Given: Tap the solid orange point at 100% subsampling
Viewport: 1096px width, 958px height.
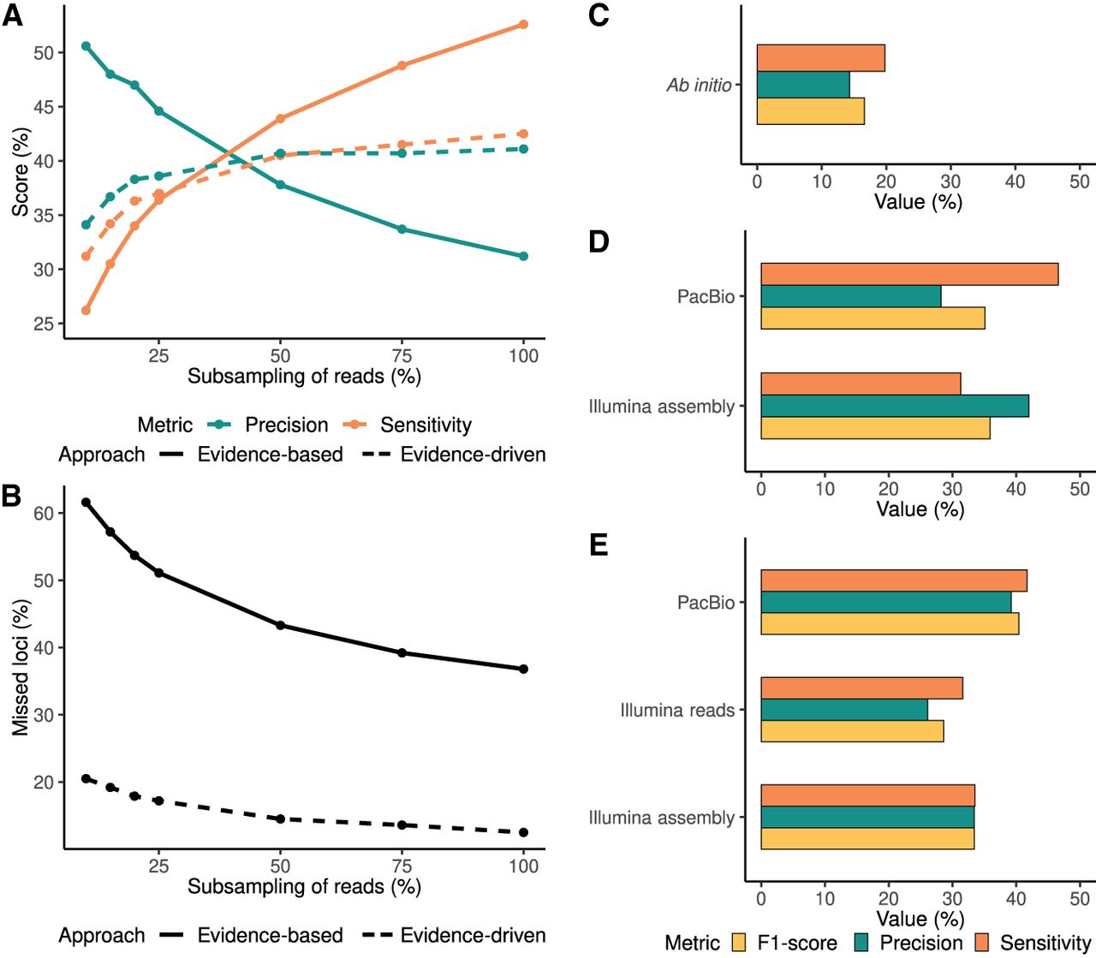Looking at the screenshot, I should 523,25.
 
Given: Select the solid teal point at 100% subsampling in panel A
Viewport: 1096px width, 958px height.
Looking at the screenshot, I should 523,256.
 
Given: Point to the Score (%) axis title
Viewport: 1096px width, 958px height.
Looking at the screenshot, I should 21,171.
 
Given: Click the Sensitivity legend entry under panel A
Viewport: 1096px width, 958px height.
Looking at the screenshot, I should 426,425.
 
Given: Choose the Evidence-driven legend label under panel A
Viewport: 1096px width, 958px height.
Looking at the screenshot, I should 473,455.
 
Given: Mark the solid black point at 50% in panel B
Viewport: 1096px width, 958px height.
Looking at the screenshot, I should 280,625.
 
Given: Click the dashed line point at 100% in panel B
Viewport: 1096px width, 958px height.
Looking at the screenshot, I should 523,832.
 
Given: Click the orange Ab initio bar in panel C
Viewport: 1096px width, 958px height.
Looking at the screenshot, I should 820,58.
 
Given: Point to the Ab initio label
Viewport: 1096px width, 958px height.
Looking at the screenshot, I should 699,86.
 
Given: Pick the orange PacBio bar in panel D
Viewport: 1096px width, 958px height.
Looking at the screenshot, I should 909,274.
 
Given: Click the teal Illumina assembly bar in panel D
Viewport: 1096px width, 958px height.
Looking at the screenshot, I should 895,406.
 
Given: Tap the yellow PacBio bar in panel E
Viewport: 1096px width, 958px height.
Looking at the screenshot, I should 890,623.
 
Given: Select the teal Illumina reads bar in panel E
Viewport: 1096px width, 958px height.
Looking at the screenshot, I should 844,710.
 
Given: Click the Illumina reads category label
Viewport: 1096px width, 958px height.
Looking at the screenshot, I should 677,711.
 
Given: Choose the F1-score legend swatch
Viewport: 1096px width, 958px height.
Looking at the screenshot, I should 740,943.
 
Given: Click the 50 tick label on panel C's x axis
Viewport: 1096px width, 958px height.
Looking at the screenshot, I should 1080,181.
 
